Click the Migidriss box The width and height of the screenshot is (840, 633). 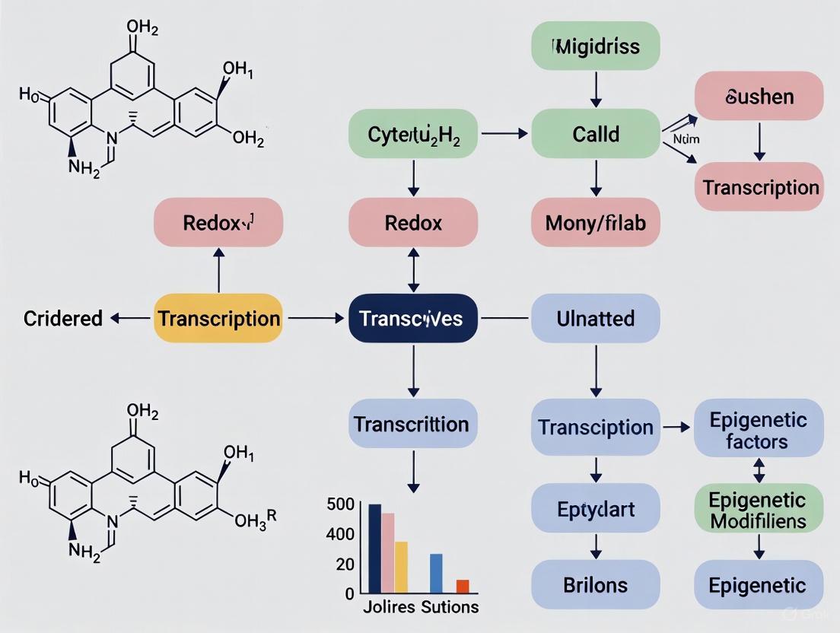tap(595, 46)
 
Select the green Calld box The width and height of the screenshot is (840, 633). tap(595, 134)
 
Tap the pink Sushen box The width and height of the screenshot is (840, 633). tap(759, 96)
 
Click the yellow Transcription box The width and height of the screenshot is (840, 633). tap(218, 318)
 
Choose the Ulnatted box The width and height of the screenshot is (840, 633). tap(595, 318)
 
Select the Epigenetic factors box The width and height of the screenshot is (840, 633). tap(758, 430)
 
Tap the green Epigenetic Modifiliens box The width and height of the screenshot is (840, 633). tap(758, 510)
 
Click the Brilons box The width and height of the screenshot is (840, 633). tap(595, 584)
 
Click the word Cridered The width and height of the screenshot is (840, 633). tap(63, 318)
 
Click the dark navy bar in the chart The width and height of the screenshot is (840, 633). tap(374, 548)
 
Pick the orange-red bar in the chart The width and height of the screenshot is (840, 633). tap(463, 586)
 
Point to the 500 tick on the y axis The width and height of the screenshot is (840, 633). tap(340, 504)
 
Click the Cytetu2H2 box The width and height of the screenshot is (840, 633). tap(413, 134)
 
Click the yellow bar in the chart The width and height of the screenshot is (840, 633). tap(401, 567)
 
